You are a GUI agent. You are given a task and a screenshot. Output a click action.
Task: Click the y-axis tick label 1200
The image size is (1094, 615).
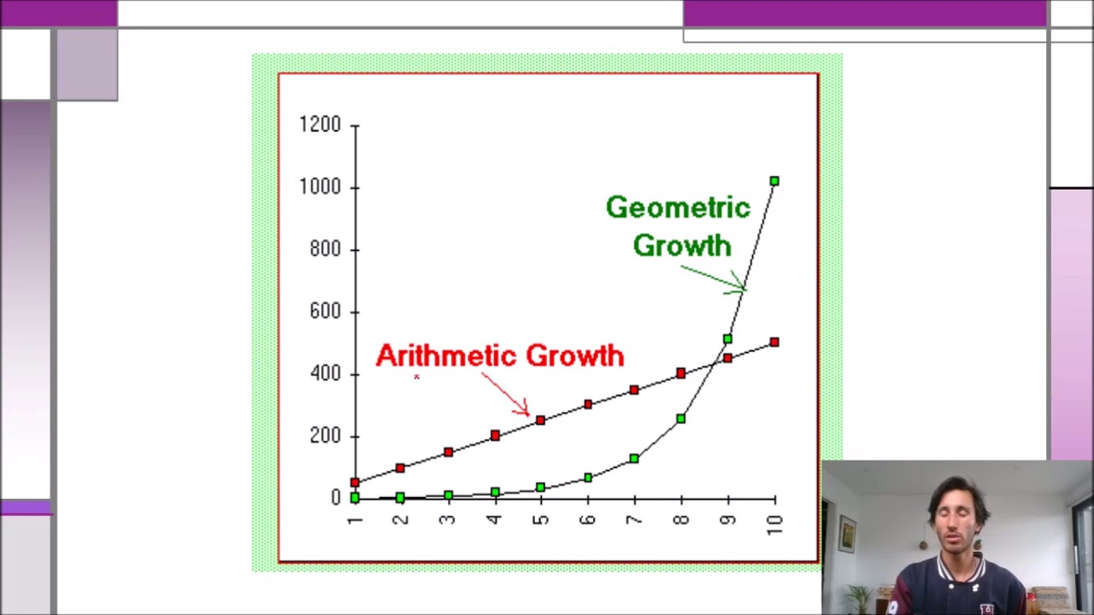point(320,125)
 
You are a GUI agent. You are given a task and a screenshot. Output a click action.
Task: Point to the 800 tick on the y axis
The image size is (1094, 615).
point(325,249)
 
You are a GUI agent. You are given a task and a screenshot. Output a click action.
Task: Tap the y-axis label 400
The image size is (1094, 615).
point(325,373)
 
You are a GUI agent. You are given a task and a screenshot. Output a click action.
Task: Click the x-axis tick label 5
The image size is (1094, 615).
point(540,519)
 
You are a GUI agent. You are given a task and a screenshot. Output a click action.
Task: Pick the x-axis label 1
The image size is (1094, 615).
point(355,519)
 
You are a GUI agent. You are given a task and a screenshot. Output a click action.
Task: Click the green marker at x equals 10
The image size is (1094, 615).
point(774,181)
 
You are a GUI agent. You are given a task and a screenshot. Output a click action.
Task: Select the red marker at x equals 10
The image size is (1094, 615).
point(774,343)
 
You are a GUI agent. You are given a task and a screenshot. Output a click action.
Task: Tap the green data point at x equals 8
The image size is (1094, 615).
point(680,419)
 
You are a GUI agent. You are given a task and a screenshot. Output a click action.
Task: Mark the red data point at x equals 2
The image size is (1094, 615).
point(400,468)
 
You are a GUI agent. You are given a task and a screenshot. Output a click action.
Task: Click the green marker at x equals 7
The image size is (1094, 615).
point(633,459)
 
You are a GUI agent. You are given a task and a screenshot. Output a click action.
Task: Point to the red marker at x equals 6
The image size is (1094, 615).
point(587,404)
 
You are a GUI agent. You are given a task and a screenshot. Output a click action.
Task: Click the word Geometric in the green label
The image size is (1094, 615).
point(678,208)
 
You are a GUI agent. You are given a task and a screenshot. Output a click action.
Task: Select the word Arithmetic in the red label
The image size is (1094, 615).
point(445,355)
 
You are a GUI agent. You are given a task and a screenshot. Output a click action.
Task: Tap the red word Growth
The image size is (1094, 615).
point(574,355)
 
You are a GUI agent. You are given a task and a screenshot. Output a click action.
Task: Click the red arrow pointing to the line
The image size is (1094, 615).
point(506,395)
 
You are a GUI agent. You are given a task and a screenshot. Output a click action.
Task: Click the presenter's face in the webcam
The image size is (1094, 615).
point(957,522)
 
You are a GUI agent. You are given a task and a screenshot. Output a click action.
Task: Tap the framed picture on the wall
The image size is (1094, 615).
point(847,534)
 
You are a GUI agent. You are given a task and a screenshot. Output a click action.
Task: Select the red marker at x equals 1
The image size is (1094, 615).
point(355,483)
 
